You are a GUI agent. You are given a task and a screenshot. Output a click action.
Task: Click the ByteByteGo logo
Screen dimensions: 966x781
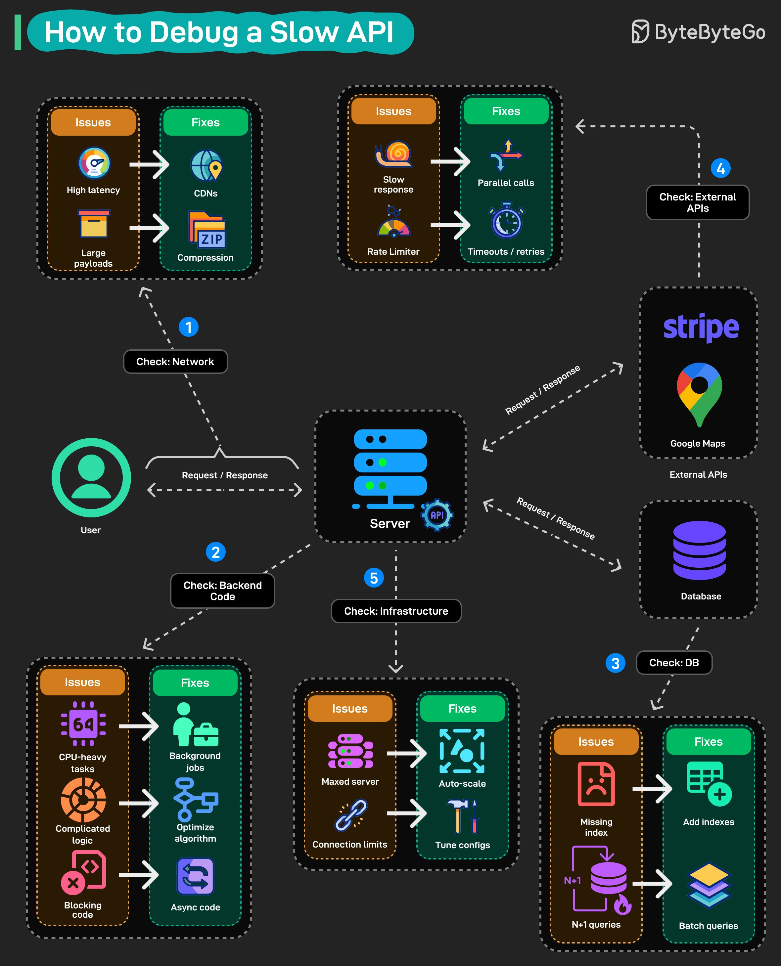tap(698, 32)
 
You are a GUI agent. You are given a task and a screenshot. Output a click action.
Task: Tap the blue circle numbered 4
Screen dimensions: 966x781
tap(720, 169)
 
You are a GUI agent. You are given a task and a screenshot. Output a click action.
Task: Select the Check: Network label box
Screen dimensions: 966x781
tap(175, 362)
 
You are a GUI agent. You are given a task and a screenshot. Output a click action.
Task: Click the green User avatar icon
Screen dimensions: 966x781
tap(91, 478)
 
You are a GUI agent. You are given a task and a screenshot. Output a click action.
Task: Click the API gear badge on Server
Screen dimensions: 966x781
tap(437, 515)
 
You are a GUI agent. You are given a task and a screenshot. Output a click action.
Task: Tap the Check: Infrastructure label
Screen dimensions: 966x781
tap(396, 611)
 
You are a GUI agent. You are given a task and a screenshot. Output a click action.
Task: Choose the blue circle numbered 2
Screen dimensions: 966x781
tap(215, 552)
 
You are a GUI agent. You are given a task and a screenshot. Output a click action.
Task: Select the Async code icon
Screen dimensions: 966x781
tap(195, 876)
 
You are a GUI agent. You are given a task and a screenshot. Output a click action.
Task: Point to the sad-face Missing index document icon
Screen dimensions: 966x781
tap(596, 784)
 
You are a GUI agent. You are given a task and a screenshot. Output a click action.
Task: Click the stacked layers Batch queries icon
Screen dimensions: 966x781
tap(709, 885)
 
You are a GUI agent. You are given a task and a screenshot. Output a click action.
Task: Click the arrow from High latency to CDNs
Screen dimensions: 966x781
tap(149, 165)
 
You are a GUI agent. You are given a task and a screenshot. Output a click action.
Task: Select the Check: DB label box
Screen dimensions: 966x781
tap(673, 662)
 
